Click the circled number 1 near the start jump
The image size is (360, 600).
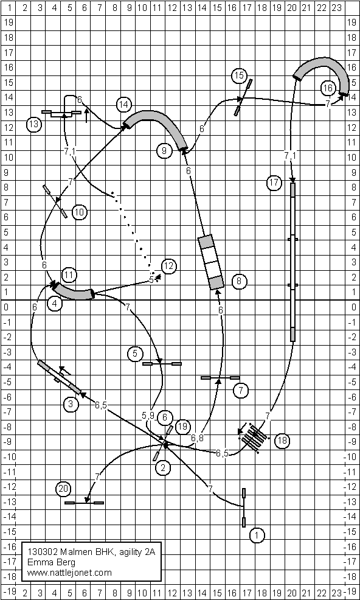(x=257, y=535)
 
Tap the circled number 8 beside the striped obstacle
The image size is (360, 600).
(x=239, y=282)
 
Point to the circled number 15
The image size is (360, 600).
(x=239, y=76)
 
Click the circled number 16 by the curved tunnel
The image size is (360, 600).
(x=328, y=88)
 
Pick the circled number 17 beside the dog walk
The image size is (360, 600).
(x=274, y=183)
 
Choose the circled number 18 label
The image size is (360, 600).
(x=282, y=440)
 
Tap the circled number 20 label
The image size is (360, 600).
(x=63, y=489)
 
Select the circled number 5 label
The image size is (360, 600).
(x=135, y=354)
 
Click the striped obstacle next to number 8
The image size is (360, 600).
(x=211, y=262)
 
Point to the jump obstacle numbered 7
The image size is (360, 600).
(x=220, y=378)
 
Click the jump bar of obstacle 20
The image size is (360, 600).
(x=84, y=503)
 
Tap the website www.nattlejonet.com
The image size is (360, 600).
(x=69, y=573)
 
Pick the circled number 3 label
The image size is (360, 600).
(x=71, y=403)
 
